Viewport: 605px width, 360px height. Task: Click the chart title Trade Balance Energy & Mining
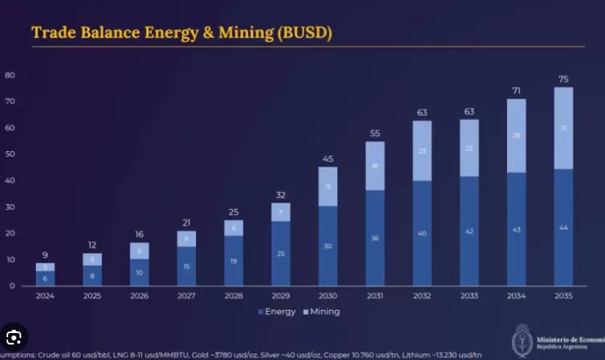[181, 33]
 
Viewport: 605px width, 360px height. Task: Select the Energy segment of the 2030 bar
[327, 245]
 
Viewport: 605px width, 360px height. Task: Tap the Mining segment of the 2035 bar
[563, 128]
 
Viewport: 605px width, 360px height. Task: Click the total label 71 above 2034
[516, 89]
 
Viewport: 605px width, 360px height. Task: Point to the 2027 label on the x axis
[186, 295]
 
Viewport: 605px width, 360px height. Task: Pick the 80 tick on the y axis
[10, 74]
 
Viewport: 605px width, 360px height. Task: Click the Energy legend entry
[278, 311]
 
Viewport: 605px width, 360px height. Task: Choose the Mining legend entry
[322, 311]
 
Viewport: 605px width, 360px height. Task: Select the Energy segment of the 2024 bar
[45, 278]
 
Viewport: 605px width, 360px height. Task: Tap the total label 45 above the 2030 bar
[327, 158]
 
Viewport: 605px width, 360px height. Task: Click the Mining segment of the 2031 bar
[375, 166]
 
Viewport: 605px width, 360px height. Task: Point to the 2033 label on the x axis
[469, 295]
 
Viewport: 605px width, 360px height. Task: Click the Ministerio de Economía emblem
[522, 338]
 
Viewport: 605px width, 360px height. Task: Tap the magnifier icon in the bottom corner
[14, 336]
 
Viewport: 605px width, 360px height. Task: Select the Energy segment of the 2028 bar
[234, 260]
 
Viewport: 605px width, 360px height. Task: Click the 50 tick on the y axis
[10, 153]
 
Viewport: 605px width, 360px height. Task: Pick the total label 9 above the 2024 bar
[45, 255]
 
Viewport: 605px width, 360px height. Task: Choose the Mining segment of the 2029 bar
[281, 212]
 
